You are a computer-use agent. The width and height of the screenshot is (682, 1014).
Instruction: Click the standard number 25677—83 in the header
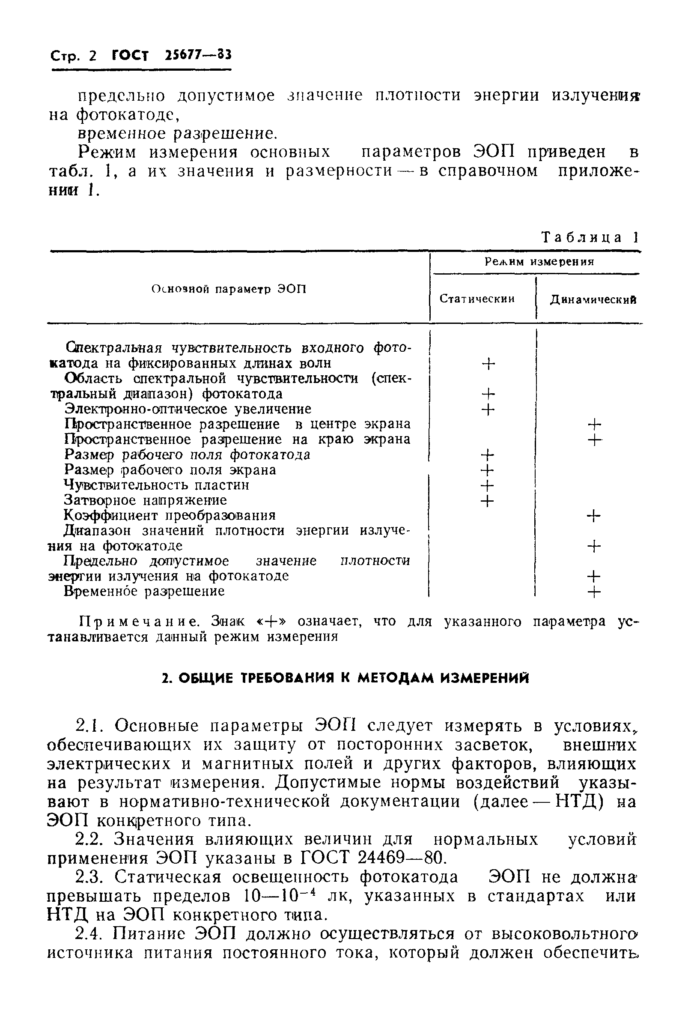[x=198, y=55]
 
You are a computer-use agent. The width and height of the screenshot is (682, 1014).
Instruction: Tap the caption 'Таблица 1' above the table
[x=590, y=237]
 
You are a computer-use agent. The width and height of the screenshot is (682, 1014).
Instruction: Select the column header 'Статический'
[x=477, y=299]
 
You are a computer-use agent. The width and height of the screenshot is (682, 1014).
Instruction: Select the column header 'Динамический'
[x=593, y=299]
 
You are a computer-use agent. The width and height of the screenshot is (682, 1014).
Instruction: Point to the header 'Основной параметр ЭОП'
[x=229, y=289]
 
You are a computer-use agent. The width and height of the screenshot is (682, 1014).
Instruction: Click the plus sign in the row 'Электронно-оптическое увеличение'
[x=488, y=409]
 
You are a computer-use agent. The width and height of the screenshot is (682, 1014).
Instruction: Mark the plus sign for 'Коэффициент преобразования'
[x=593, y=516]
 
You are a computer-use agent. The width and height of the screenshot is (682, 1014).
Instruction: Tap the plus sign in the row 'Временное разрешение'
[x=594, y=592]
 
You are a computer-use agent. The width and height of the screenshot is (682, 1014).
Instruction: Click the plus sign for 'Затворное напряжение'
[x=488, y=501]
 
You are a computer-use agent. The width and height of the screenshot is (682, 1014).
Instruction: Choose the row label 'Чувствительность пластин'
[x=157, y=485]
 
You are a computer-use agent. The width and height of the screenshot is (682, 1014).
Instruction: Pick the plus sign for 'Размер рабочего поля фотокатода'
[x=488, y=455]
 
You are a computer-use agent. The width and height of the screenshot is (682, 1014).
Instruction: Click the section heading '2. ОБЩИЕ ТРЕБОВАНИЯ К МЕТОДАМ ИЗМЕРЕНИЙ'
[x=345, y=679]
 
